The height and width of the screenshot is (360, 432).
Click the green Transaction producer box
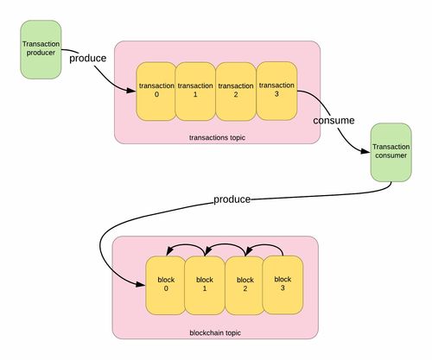[41, 49]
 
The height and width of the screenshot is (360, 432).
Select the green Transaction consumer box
[391, 153]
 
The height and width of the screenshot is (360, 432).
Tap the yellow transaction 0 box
[156, 92]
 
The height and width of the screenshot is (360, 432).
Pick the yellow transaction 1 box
[195, 92]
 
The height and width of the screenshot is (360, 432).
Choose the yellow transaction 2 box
[236, 92]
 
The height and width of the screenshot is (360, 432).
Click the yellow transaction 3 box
[276, 91]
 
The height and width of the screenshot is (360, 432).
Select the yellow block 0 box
[166, 285]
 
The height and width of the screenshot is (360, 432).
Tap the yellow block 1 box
[205, 285]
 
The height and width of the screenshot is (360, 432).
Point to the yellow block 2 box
[245, 285]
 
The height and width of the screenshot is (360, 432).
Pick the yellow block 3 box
[283, 285]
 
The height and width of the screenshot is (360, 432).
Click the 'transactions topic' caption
[217, 137]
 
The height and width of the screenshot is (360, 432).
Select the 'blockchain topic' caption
[215, 333]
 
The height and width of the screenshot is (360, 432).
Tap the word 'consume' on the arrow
[334, 120]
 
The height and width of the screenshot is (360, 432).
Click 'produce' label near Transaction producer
[88, 59]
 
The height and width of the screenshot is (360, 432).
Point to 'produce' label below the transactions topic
[232, 199]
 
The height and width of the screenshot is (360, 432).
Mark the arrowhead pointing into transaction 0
[131, 91]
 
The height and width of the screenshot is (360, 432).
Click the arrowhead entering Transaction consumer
[365, 151]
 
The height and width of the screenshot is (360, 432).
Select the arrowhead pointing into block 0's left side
[140, 284]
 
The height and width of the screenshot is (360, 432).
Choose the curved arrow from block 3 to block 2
[264, 246]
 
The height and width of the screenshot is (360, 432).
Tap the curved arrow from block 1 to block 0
[186, 246]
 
